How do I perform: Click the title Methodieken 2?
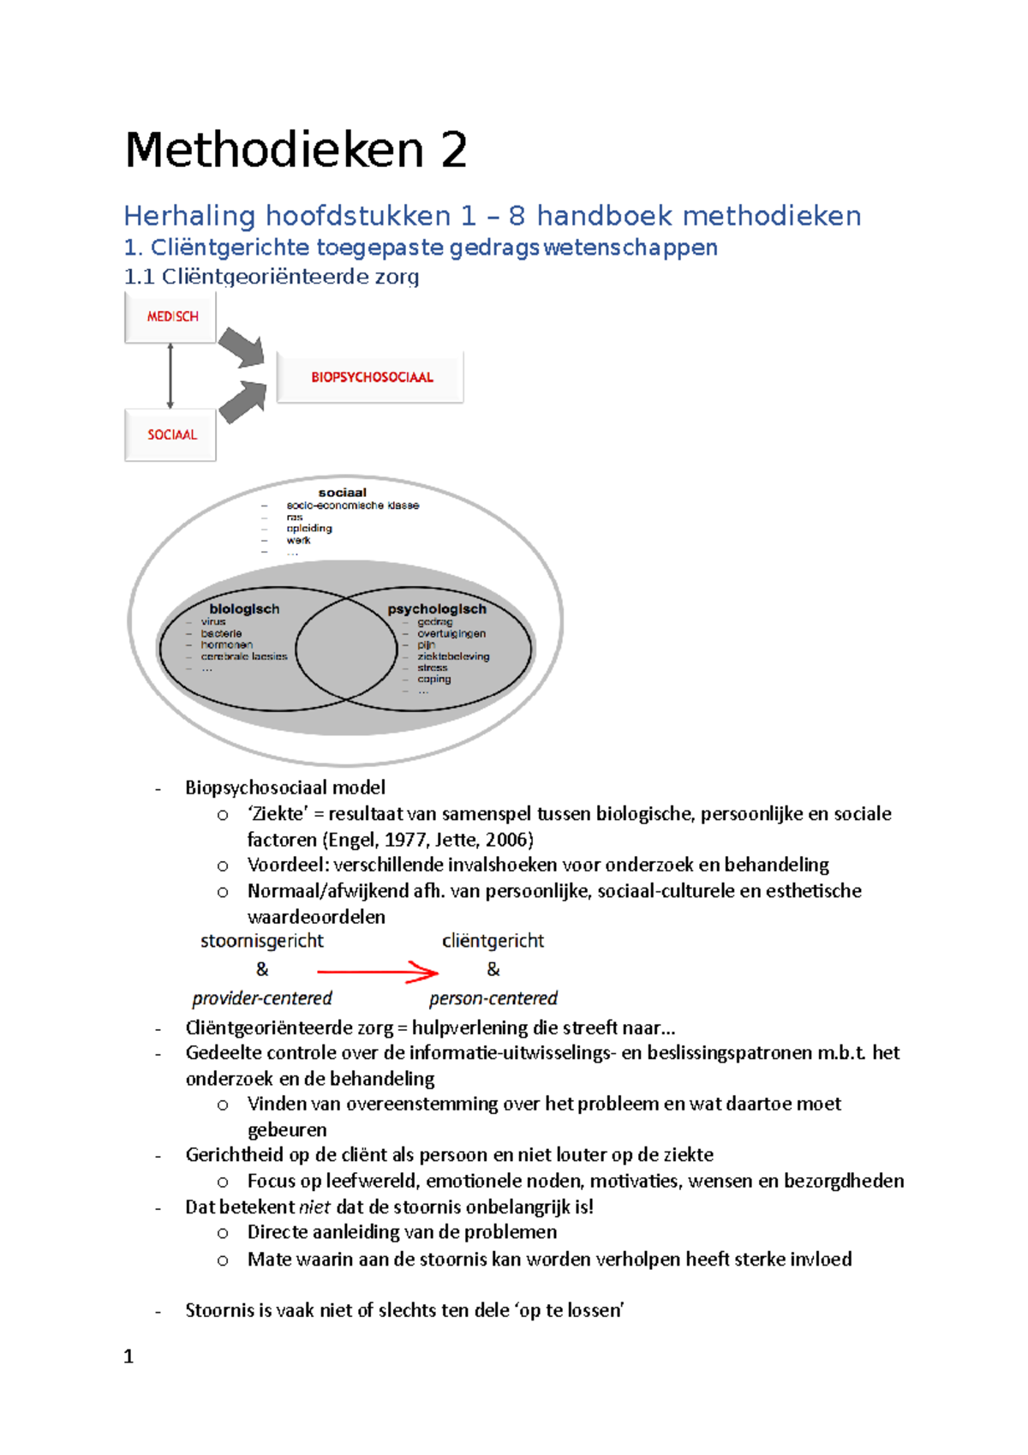[296, 151]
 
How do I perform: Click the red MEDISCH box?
[171, 317]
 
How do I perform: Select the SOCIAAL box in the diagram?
[171, 434]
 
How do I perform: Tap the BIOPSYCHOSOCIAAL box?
[371, 377]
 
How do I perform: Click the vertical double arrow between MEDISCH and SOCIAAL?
[170, 376]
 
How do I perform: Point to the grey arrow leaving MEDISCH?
[242, 348]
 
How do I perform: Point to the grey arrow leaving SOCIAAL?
[242, 402]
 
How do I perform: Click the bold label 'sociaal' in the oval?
[342, 493]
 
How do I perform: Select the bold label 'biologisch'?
[244, 609]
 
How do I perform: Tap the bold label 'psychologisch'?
[436, 609]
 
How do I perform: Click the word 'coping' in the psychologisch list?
[433, 680]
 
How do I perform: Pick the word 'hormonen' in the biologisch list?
[226, 645]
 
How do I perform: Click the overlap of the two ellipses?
[346, 649]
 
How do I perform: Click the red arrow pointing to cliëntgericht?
[377, 972]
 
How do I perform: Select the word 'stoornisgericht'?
[261, 941]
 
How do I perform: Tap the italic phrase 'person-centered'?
[493, 998]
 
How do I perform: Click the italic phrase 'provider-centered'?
[261, 998]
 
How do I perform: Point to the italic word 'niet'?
[314, 1207]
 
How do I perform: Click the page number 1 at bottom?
[128, 1356]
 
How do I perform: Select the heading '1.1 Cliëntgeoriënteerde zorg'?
[272, 277]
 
